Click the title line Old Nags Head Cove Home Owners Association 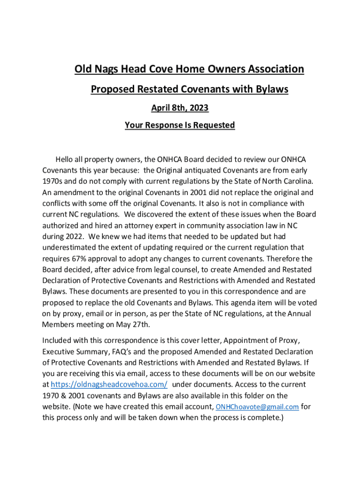tap(189, 70)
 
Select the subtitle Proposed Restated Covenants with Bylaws tap(189, 89)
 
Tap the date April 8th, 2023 tap(180, 108)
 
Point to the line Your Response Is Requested tap(180, 125)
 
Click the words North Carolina tap(283, 181)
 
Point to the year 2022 tap(70, 237)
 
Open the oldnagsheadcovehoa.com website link tap(109, 385)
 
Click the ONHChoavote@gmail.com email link tap(257, 407)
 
